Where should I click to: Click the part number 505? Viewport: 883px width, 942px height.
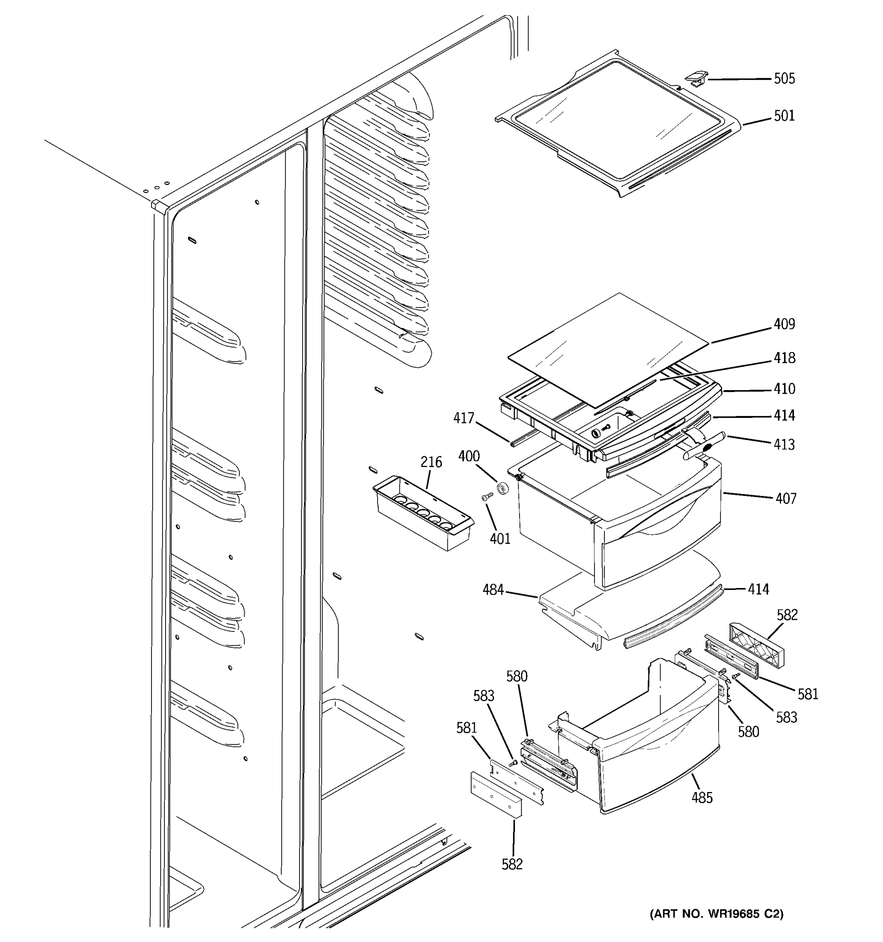[x=784, y=78]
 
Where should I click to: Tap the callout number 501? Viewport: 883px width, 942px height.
[x=784, y=116]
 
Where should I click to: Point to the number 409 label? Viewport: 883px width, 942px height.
[x=784, y=324]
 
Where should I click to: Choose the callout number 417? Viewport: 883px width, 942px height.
[x=463, y=418]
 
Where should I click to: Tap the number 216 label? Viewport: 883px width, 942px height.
[x=431, y=462]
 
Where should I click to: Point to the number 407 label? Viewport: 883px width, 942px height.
[x=785, y=498]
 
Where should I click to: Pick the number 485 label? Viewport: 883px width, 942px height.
[x=702, y=798]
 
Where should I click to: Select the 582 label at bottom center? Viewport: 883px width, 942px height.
[x=512, y=864]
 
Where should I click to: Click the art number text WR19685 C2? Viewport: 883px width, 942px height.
[x=717, y=914]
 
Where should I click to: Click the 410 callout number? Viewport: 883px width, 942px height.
[x=784, y=389]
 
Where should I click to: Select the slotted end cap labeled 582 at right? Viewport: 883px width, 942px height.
[x=755, y=647]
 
